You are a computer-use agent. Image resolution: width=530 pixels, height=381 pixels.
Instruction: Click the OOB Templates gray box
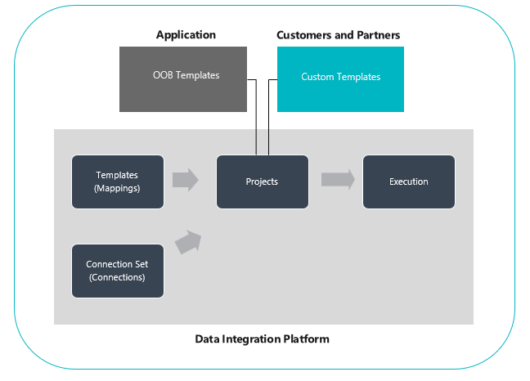click(183, 79)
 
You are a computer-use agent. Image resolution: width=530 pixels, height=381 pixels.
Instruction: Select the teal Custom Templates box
click(340, 79)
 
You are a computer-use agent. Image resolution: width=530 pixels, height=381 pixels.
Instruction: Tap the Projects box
click(262, 182)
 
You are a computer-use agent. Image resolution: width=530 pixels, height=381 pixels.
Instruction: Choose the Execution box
click(408, 182)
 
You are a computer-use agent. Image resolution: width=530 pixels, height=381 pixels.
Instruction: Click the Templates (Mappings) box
click(118, 182)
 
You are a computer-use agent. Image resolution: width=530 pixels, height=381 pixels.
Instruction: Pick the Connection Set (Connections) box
click(118, 271)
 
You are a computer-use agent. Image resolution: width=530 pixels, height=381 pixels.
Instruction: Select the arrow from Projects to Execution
click(338, 180)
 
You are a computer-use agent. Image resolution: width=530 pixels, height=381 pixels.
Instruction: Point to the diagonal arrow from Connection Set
click(189, 242)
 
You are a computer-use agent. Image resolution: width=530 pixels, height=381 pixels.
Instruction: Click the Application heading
click(186, 35)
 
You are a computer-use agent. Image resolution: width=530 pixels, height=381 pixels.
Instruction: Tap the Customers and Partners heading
click(338, 35)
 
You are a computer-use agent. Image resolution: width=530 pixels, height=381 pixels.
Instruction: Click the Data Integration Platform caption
click(262, 338)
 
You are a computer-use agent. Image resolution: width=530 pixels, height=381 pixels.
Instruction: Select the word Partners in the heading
click(377, 35)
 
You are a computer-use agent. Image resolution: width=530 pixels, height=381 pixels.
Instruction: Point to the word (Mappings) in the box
click(117, 187)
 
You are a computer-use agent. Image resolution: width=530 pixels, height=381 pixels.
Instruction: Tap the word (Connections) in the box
click(117, 277)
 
